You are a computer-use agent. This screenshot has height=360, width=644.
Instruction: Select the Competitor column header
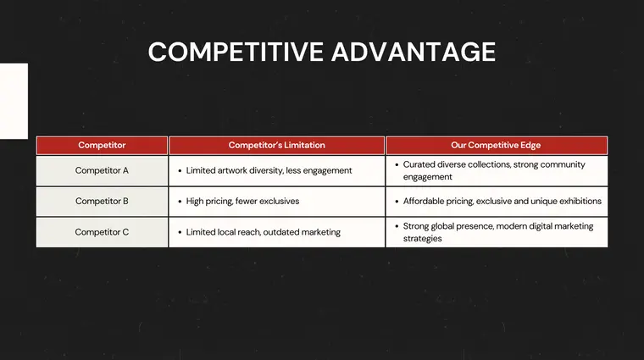102,145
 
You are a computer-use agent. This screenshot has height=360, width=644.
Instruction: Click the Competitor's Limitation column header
276,145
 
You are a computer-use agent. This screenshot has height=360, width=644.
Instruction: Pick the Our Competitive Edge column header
496,145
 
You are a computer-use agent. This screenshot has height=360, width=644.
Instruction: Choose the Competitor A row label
102,170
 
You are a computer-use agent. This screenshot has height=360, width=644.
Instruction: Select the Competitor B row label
102,202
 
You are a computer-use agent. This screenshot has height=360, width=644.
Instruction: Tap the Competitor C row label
102,232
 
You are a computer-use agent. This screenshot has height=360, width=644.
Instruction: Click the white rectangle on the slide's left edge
14,101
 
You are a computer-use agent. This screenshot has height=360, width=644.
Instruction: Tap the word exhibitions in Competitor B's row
577,202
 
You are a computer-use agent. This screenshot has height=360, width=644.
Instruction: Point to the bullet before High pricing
179,202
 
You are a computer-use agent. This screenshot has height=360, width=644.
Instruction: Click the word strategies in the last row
422,239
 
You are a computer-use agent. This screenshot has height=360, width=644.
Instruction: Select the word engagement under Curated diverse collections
427,177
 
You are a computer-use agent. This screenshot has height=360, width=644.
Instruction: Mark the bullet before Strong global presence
396,226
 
